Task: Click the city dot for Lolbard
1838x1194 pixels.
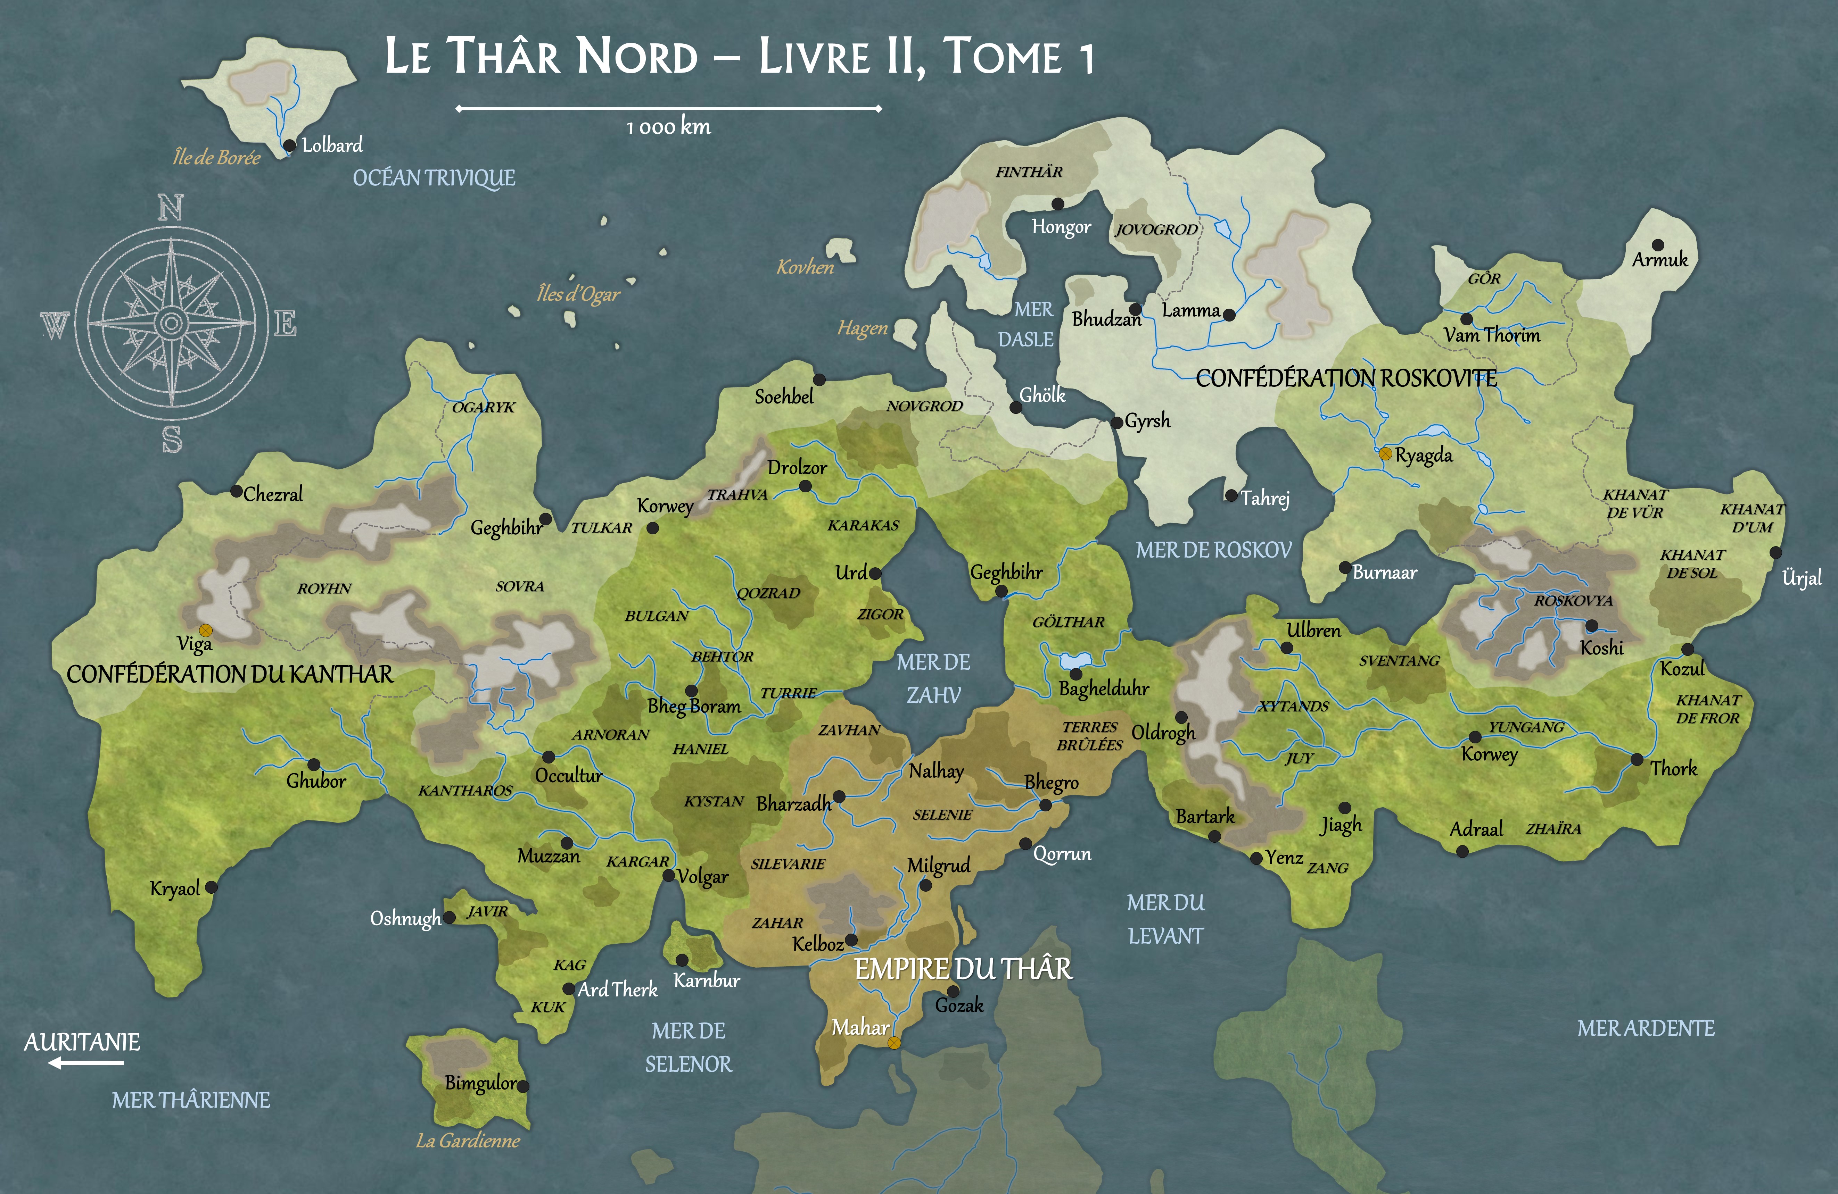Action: pyautogui.click(x=290, y=145)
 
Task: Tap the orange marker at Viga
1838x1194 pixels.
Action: pyautogui.click(x=205, y=631)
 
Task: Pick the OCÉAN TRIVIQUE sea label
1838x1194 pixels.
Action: pyautogui.click(x=434, y=178)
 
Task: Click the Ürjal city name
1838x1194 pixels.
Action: pyautogui.click(x=1802, y=578)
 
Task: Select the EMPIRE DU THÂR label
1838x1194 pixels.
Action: pyautogui.click(x=963, y=969)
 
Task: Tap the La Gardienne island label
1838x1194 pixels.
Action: pyautogui.click(x=468, y=1141)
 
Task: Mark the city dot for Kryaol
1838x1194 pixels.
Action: pyautogui.click(x=211, y=887)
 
